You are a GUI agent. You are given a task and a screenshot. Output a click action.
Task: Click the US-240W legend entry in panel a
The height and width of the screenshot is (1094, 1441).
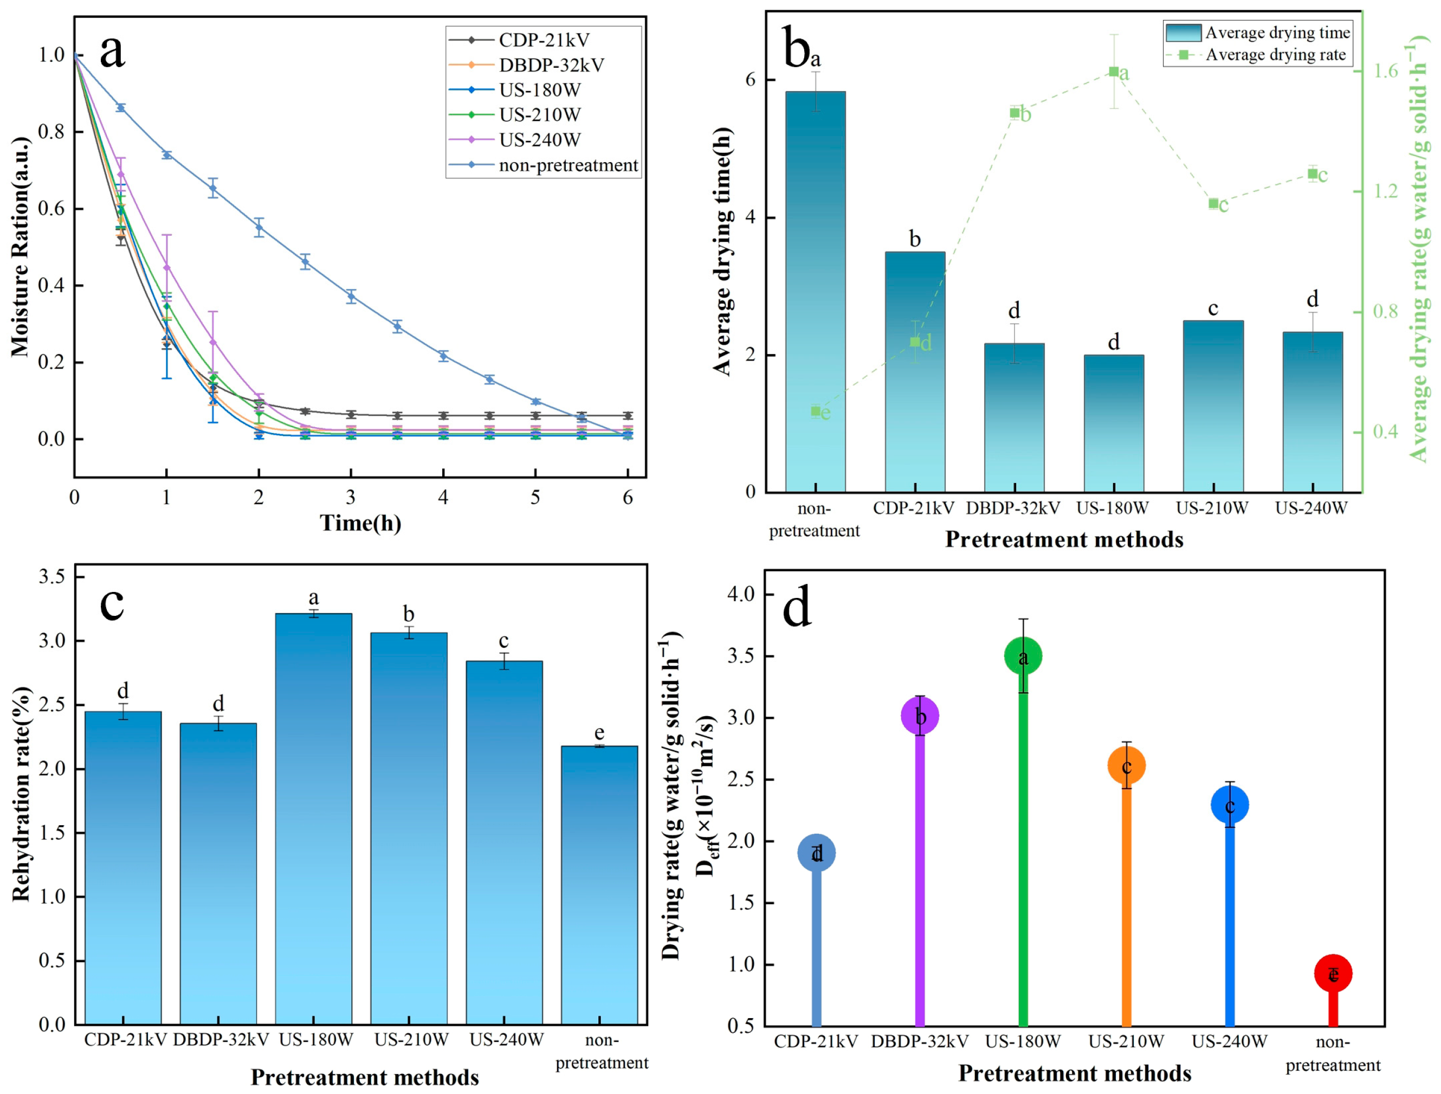tap(539, 140)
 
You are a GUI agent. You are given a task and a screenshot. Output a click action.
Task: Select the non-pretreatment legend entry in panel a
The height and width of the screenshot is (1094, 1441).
tap(567, 165)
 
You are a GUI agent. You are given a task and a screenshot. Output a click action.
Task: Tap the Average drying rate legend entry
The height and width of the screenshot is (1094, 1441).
tap(1275, 55)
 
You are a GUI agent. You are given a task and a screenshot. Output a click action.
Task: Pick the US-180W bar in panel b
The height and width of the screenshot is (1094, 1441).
tap(1113, 423)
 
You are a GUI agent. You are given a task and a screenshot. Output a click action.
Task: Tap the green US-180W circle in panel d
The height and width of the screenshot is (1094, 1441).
tap(1023, 656)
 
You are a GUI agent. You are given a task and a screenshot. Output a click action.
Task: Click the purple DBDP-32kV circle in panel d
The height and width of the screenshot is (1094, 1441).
tap(919, 716)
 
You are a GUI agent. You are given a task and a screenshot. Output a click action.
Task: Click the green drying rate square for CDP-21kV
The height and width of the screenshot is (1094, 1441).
tap(915, 342)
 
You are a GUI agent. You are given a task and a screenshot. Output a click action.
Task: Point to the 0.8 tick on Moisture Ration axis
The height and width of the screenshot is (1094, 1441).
tap(51, 132)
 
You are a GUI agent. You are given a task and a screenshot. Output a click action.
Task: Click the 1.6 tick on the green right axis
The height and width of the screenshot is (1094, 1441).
tap(1386, 70)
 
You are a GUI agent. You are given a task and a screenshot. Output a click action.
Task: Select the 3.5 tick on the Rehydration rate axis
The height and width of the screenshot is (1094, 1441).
tap(51, 577)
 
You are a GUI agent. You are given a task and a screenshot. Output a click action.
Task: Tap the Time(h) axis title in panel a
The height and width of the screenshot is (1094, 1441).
tap(360, 523)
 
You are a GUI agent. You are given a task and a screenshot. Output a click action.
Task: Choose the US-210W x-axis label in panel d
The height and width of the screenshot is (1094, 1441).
tap(1126, 1041)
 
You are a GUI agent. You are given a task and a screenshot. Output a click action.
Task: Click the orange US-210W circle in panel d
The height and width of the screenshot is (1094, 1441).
tap(1126, 765)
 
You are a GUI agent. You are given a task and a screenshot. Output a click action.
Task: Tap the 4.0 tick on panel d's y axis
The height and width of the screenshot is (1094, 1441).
tap(741, 594)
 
